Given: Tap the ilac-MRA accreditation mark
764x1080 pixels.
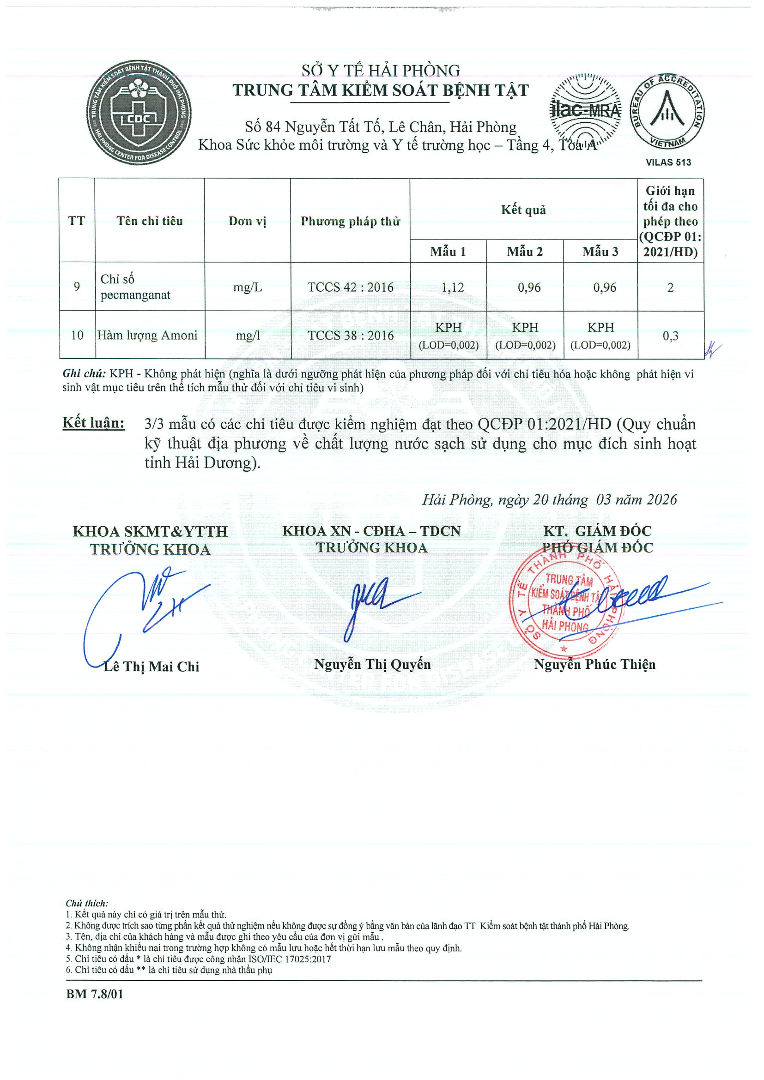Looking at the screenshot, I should pos(586,111).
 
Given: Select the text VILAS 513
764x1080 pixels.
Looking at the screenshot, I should pos(668,162).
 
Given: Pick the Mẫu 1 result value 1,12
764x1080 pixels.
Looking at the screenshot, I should pos(452,287).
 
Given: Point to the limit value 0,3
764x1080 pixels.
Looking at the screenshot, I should pos(670,336).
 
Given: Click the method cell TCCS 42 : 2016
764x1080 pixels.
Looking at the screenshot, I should pos(350,287).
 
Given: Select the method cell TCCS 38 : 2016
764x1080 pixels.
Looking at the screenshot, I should pos(350,336).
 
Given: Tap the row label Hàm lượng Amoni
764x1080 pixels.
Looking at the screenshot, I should pos(147,336).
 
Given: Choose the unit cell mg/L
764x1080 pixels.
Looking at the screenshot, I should pos(248,287).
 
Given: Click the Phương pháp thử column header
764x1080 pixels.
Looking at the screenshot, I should pos(350,221).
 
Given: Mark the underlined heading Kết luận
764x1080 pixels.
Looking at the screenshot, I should pos(94,423).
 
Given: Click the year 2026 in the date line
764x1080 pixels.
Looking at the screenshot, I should pos(662,499).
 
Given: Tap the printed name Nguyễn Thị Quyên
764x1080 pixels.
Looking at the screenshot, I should pos(372,664).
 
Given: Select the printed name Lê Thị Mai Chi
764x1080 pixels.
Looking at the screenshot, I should pos(152,666).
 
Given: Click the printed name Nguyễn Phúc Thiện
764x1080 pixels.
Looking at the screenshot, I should pos(594,664).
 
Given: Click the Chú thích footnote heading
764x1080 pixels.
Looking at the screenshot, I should pos(87,903).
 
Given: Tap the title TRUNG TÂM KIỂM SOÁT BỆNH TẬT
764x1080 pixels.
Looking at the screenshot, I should pos(380,90).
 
